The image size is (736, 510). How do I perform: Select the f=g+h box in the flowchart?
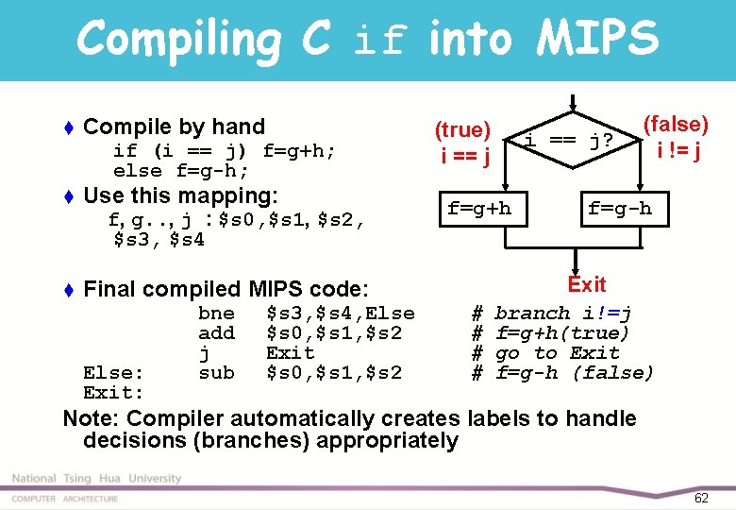click(478, 208)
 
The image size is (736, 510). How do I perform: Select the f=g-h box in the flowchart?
click(619, 208)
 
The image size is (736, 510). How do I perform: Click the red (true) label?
click(462, 130)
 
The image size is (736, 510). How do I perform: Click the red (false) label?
click(676, 124)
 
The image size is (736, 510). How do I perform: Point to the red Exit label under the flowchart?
click(586, 284)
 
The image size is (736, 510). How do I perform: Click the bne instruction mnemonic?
click(216, 313)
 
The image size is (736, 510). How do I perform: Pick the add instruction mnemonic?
click(216, 332)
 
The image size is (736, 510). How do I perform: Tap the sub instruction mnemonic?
click(216, 372)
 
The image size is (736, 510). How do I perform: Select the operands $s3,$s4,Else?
click(341, 313)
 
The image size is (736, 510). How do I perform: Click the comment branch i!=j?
click(563, 313)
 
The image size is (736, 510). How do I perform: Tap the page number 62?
click(700, 497)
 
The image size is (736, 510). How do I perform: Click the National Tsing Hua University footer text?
click(96, 479)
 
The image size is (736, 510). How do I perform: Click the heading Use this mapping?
click(180, 195)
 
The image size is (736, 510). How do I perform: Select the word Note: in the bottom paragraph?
click(91, 418)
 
